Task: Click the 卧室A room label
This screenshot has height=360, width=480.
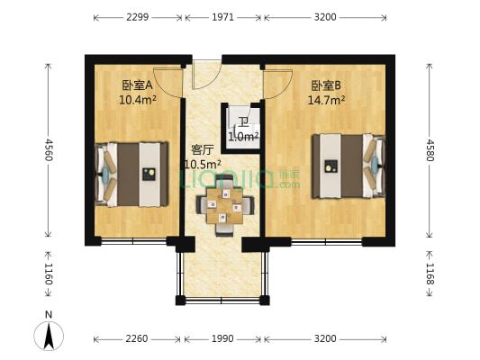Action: tap(137, 85)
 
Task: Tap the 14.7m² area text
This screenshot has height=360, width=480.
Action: tap(327, 100)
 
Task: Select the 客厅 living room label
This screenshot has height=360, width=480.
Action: tap(202, 149)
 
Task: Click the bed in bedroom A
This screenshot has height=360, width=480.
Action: tap(131, 172)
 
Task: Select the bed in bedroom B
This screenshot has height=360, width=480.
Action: tap(347, 166)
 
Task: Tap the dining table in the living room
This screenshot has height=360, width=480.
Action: tap(224, 204)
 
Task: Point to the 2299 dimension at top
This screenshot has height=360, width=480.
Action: tap(138, 17)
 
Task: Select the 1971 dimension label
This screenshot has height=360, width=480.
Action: tap(222, 17)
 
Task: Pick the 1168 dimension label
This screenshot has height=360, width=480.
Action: tap(430, 269)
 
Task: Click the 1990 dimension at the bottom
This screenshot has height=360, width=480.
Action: tap(222, 339)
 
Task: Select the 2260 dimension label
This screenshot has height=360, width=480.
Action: tap(138, 339)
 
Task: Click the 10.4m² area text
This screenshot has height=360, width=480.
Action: tap(137, 100)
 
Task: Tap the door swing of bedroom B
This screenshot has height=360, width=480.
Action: tap(276, 83)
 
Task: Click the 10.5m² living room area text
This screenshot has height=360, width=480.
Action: tap(202, 164)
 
